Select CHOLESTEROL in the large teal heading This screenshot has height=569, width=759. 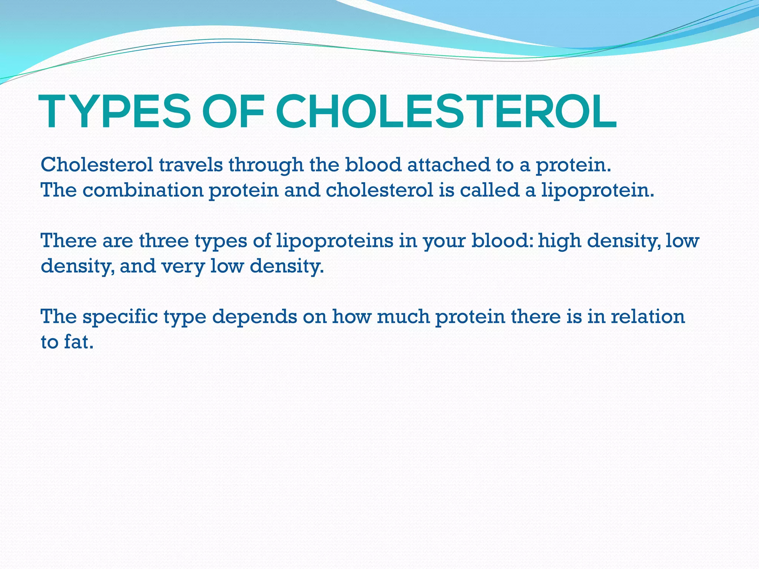(446, 112)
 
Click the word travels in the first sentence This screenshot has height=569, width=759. (191, 165)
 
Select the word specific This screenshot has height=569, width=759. (120, 317)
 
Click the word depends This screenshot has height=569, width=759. (254, 317)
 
